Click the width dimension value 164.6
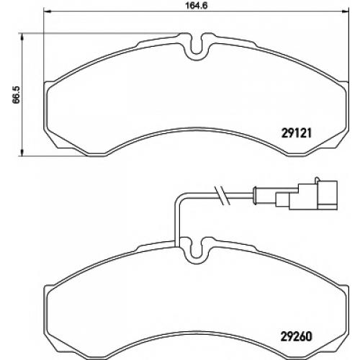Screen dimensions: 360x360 tap(196, 5)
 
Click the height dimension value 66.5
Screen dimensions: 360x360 tap(17, 95)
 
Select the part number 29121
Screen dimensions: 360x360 tap(296, 132)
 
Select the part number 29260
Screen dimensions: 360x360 tap(296, 336)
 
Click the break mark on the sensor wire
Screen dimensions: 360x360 tap(222, 196)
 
